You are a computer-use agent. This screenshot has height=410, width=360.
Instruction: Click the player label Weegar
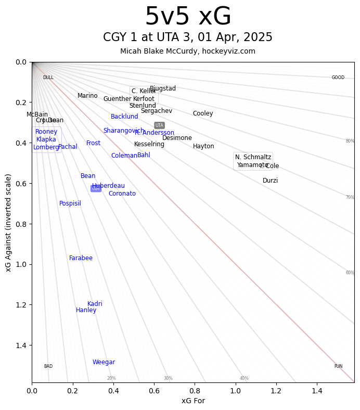(x=104, y=362)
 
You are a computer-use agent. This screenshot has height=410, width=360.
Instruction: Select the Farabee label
(x=81, y=258)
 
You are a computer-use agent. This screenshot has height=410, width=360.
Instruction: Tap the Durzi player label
(x=270, y=181)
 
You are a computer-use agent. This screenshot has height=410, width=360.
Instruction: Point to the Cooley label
(x=203, y=113)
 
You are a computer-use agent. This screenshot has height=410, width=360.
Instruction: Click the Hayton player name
(x=203, y=146)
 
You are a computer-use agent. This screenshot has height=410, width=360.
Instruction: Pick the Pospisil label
(x=70, y=203)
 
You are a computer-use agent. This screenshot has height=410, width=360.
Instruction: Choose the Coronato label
(x=122, y=194)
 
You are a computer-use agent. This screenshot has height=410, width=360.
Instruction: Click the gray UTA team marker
(x=159, y=125)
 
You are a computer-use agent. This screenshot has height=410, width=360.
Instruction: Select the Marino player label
(x=87, y=96)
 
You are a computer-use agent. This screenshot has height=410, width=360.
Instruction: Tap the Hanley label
(x=86, y=310)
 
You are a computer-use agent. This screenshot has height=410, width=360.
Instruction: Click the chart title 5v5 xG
(x=188, y=17)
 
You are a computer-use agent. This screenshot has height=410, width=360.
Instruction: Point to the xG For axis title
(x=193, y=401)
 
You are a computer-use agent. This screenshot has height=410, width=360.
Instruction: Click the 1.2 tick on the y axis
(x=20, y=305)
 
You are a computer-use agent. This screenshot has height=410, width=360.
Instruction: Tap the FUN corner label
(x=338, y=366)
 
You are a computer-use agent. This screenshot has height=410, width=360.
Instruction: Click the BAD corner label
(x=48, y=366)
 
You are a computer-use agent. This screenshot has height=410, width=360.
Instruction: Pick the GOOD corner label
(x=338, y=78)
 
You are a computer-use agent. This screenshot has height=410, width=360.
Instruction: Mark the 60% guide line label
(x=350, y=273)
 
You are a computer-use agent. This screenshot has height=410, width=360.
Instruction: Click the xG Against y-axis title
(x=8, y=223)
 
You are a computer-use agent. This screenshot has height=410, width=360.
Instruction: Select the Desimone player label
(x=177, y=138)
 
